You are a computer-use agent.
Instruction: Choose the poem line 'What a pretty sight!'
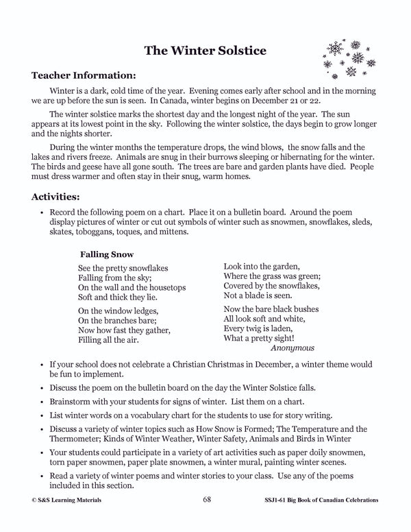pos(259,338)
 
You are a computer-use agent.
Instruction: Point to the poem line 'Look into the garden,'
pos(261,265)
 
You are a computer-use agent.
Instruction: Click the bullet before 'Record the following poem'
pos(42,213)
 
